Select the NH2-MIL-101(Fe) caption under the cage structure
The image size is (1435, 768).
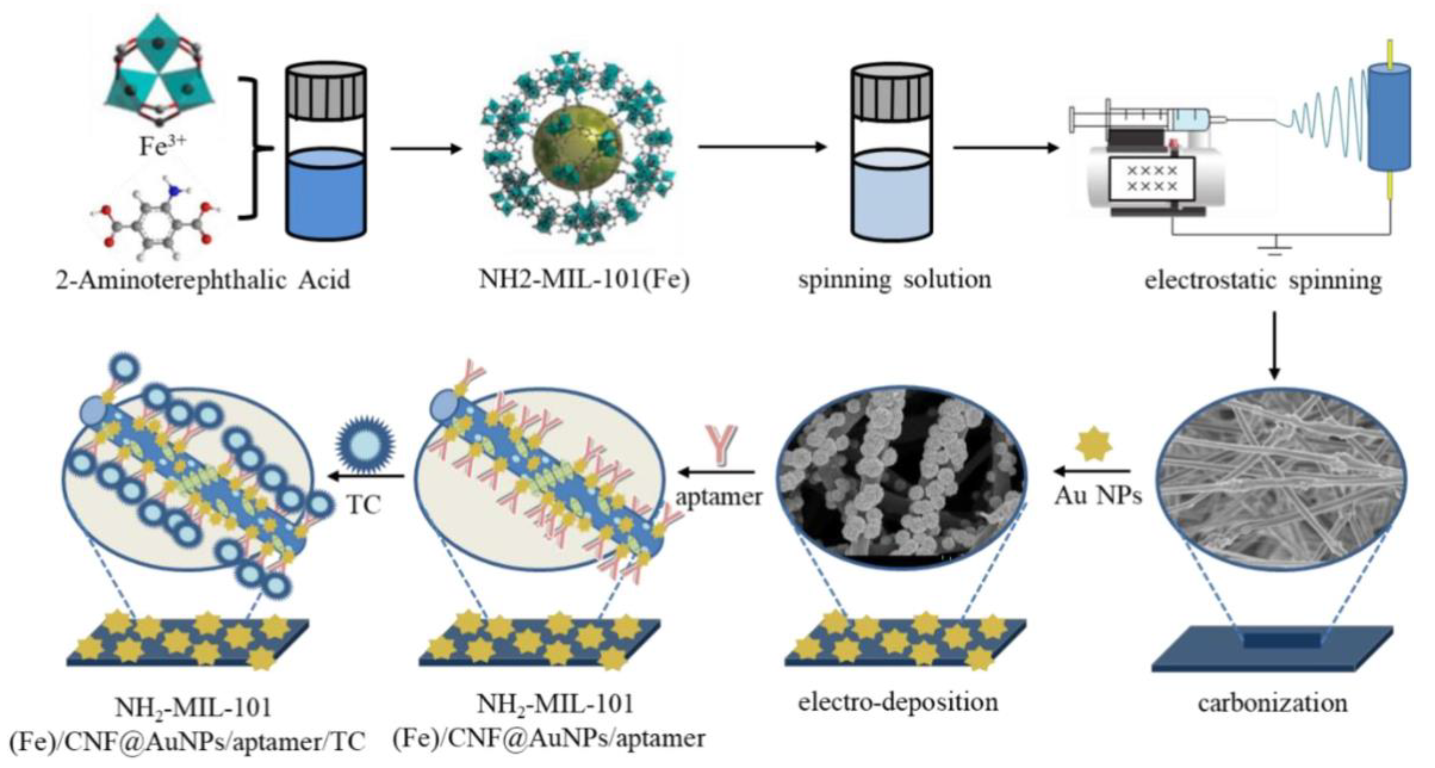click(584, 279)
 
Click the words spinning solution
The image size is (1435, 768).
click(895, 279)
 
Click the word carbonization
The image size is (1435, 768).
click(1273, 703)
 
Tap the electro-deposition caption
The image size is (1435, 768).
click(898, 702)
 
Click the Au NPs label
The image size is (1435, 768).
click(1098, 495)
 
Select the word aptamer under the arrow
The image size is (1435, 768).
click(718, 496)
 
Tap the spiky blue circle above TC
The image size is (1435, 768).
click(366, 446)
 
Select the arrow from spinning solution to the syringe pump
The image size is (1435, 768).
click(1005, 148)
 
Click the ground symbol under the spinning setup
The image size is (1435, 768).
click(1274, 249)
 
